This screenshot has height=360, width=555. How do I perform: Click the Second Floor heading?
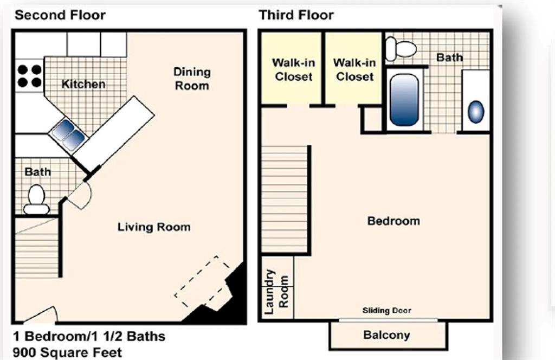(x=60, y=15)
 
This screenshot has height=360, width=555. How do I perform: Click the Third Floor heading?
(x=296, y=15)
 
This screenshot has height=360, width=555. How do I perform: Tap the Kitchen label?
(x=83, y=84)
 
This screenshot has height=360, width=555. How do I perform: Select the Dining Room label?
(x=191, y=79)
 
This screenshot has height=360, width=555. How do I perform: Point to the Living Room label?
(x=154, y=227)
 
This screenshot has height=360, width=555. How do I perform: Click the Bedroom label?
(x=393, y=221)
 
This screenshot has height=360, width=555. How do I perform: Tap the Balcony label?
(x=386, y=335)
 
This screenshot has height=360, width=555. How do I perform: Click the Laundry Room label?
(x=277, y=292)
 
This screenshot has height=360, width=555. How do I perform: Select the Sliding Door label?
(x=387, y=311)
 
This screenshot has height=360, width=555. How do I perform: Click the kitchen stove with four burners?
(x=29, y=76)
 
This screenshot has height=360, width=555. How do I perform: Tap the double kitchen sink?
(x=69, y=134)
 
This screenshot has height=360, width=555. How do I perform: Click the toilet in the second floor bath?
(x=36, y=200)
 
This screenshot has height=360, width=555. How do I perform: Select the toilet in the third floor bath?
(x=401, y=49)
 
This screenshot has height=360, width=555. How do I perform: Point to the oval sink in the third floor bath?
(x=475, y=112)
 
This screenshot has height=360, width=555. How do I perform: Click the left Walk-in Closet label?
(x=293, y=70)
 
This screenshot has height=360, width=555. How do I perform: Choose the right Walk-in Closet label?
(x=354, y=70)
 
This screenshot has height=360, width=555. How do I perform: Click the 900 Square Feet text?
(x=67, y=352)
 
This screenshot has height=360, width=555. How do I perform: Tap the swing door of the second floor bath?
(x=80, y=195)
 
